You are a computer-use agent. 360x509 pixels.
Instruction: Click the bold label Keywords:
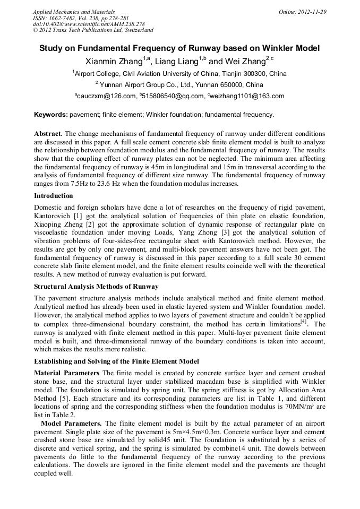(50, 115)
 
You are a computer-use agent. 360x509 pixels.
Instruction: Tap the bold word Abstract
(47, 134)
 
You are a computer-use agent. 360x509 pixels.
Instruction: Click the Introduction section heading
(54, 196)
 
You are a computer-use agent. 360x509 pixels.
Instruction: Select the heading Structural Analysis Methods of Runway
(96, 286)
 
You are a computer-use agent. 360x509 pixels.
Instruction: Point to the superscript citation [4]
(304, 322)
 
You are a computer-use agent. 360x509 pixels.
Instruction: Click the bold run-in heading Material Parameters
(66, 373)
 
